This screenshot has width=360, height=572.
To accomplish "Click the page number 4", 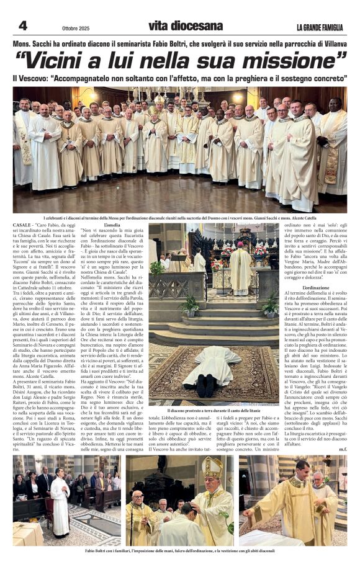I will tap(22, 25).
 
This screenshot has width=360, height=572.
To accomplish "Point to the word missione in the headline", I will tap(290, 60).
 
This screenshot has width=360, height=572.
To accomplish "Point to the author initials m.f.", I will tap(343, 449).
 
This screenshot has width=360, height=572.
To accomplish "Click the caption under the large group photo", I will tap(180, 218).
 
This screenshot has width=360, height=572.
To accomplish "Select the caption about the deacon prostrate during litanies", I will tap(214, 411).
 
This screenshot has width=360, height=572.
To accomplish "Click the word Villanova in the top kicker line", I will tap(330, 44).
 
